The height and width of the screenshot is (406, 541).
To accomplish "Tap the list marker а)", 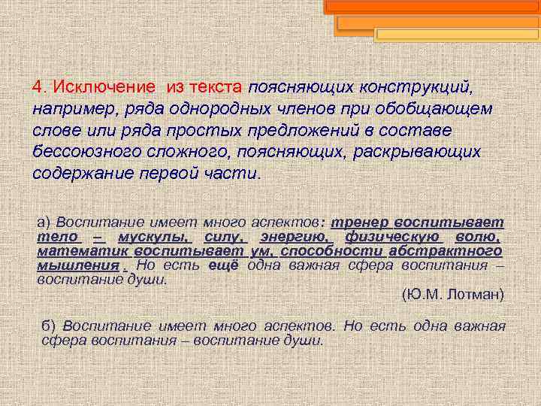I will point(44,223).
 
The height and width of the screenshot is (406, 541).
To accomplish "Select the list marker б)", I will point(50,326).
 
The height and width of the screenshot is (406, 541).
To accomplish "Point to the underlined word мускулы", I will point(150,238).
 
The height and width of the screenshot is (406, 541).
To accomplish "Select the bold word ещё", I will point(225,265).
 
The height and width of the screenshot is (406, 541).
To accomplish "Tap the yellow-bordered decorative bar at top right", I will point(456,35).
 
